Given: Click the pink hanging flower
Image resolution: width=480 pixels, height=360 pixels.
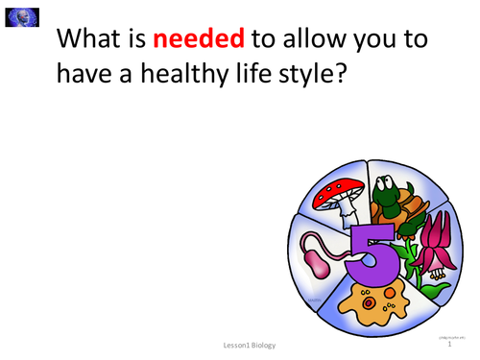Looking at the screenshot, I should tap(423, 252).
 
